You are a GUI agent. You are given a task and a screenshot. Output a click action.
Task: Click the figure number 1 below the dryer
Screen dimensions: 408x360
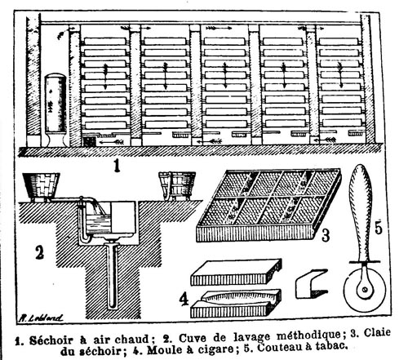point(117,166)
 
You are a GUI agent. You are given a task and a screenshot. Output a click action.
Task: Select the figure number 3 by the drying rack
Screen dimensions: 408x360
point(326,235)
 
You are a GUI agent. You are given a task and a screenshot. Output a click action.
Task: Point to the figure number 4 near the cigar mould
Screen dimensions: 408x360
point(184,300)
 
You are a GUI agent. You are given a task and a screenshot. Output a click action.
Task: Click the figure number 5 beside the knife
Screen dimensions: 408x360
point(379,228)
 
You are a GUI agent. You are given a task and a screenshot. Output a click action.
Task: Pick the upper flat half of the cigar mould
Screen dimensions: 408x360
point(236,272)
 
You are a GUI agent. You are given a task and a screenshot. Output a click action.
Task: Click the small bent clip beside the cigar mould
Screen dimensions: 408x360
point(310,284)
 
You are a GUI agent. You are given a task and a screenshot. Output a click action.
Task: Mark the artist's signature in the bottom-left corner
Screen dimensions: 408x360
point(42,318)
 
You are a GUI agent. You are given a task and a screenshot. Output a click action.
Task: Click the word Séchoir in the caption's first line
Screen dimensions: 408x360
point(51,340)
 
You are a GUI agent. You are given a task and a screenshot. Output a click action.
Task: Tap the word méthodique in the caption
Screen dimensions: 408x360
point(308,335)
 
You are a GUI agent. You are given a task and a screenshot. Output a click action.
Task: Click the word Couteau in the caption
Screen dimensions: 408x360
point(281,347)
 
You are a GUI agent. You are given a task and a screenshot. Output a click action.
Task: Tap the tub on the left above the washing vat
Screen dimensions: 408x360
point(42,185)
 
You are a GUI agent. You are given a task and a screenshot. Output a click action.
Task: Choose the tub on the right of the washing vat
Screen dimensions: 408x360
point(177,185)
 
